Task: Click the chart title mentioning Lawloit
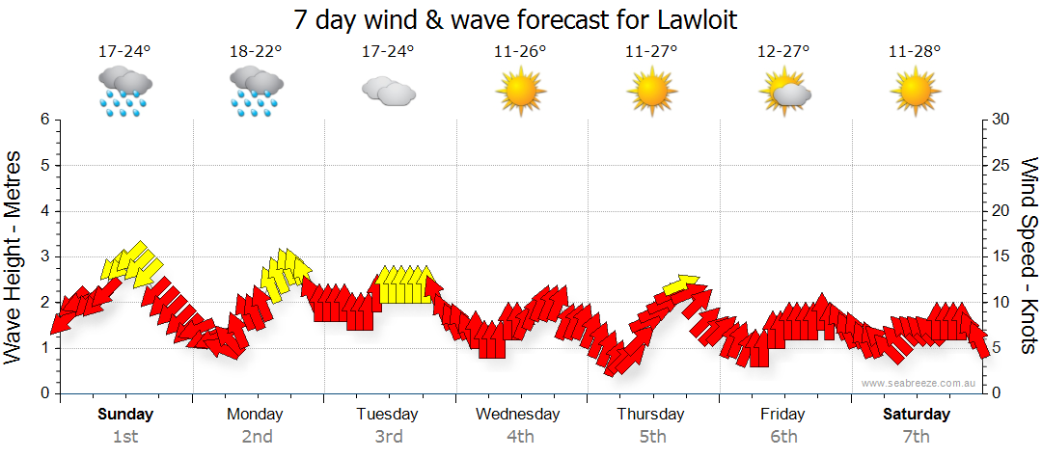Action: pyautogui.click(x=521, y=19)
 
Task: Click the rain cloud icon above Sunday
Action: pyautogui.click(x=124, y=92)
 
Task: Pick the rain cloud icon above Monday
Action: pyautogui.click(x=257, y=92)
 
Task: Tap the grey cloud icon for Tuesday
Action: pyautogui.click(x=388, y=92)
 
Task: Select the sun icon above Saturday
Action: pyautogui.click(x=915, y=92)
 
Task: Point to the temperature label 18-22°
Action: pyautogui.click(x=256, y=52)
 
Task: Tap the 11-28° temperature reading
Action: pyautogui.click(x=915, y=52)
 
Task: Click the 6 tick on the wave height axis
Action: pyautogui.click(x=44, y=120)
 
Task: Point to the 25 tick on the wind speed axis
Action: pyautogui.click(x=1001, y=166)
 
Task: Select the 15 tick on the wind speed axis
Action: pyautogui.click(x=1001, y=256)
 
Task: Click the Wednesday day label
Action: pyautogui.click(x=518, y=415)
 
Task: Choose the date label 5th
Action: pyautogui.click(x=651, y=437)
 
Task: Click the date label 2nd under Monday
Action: pyautogui.click(x=257, y=437)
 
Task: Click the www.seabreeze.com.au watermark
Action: pyautogui.click(x=919, y=383)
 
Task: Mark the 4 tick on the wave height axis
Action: pyautogui.click(x=44, y=211)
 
